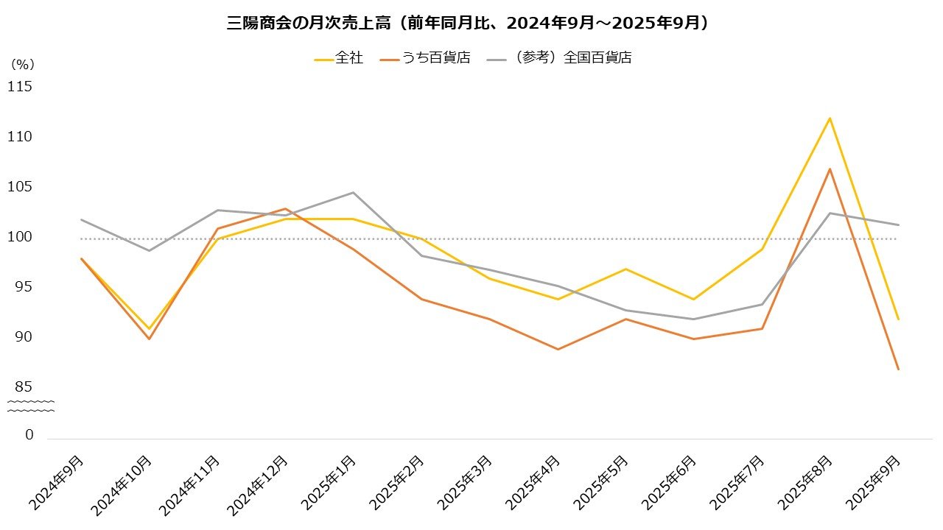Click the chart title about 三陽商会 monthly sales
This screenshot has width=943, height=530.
click(x=471, y=23)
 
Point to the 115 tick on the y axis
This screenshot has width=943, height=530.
click(x=20, y=87)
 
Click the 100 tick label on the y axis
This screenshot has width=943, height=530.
click(x=20, y=237)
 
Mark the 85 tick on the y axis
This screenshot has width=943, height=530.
click(x=24, y=387)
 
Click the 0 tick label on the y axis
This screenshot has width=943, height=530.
click(x=29, y=435)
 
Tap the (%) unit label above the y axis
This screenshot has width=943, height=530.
click(x=23, y=64)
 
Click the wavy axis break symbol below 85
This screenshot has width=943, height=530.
click(x=31, y=406)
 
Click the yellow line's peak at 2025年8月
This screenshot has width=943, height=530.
click(x=830, y=118)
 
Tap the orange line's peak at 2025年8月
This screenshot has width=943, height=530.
click(x=830, y=169)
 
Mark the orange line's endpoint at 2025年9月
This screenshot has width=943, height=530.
click(x=898, y=369)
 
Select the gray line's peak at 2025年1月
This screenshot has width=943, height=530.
click(x=353, y=193)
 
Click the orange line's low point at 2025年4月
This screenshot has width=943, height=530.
click(x=558, y=349)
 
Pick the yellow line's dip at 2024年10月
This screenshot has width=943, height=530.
click(x=149, y=328)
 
